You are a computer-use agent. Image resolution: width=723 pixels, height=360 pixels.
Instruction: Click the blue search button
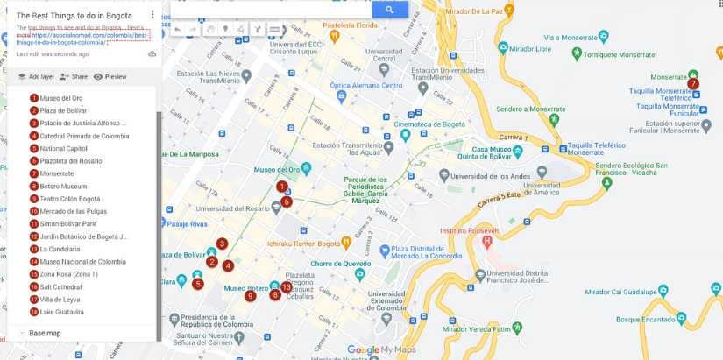[x=389, y=10]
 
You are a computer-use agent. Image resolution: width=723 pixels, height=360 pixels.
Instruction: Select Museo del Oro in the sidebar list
[x=60, y=98]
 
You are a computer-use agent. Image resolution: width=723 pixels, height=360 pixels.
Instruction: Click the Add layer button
[x=36, y=76]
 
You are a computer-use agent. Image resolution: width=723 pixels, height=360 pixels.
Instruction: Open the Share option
[x=74, y=76]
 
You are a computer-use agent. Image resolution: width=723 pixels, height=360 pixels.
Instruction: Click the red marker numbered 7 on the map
[x=693, y=84]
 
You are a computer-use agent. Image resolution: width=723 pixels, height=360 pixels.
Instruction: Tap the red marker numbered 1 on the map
[x=282, y=187]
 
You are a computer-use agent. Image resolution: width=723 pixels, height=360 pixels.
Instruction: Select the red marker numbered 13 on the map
[x=286, y=286]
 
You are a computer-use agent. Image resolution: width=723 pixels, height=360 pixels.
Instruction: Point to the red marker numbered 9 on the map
[x=250, y=296]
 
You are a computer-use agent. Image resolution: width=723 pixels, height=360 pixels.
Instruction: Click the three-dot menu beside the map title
[x=152, y=16]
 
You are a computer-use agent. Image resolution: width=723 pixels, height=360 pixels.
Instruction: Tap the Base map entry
[x=45, y=334]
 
